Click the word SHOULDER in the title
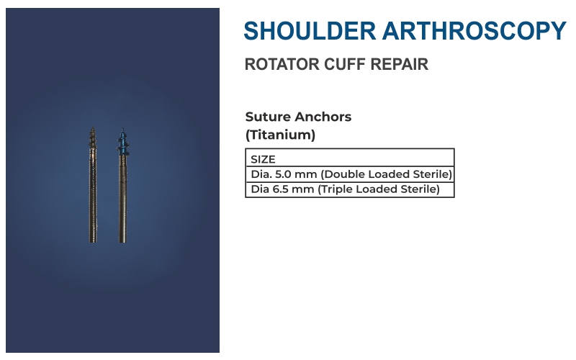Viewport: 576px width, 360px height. [x=310, y=30]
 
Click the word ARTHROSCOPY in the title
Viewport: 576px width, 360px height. [x=474, y=30]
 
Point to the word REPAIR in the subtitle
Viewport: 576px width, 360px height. [x=400, y=64]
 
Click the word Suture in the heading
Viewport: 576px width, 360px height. [x=268, y=117]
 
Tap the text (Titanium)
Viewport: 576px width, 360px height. [x=280, y=135]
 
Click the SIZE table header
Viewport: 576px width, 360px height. [x=263, y=159]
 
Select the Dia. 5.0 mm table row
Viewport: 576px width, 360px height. [x=350, y=174]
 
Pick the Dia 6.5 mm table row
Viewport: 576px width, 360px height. [x=350, y=189]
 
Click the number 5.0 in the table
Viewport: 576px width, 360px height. [x=283, y=174]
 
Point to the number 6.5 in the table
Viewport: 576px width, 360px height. [x=281, y=189]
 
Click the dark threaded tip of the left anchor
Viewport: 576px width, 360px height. [x=93, y=138]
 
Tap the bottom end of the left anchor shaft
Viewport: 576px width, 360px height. [x=93, y=242]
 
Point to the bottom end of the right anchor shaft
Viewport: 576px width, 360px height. [x=122, y=242]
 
